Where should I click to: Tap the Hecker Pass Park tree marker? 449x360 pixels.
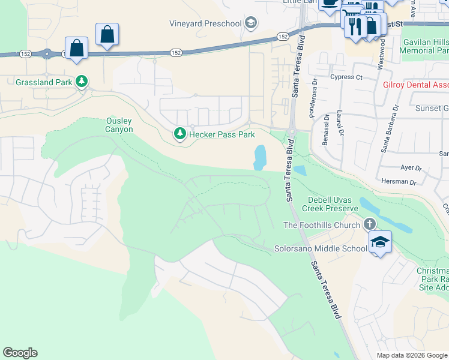pos(179,134)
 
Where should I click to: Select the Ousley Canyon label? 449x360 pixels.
pos(119,125)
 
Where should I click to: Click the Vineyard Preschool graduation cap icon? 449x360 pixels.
pos(251,24)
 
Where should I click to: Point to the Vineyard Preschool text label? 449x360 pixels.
pos(205,24)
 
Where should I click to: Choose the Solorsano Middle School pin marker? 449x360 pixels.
pos(380,242)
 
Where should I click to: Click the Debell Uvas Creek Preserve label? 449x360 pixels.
pos(333,204)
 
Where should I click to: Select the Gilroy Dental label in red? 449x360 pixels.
pos(415,85)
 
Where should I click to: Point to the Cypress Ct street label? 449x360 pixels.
pos(346,77)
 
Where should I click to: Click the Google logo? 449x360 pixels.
pos(20,353)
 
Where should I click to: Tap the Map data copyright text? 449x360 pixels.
pos(412,355)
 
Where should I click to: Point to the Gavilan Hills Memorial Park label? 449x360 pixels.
pos(424,45)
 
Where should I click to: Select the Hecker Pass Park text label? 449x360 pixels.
pos(222,134)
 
